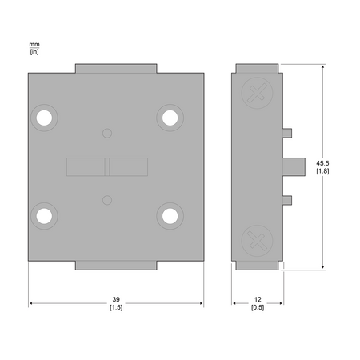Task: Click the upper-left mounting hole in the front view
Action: coord(44,118)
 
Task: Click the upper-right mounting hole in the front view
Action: coord(170,118)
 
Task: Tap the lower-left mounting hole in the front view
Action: coord(44,216)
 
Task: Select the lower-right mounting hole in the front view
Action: coord(170,216)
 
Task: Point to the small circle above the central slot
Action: coord(107,134)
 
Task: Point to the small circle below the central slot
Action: coord(107,200)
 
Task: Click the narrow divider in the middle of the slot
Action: coord(107,167)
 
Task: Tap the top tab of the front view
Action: coord(116,68)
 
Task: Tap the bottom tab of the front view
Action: coord(116,266)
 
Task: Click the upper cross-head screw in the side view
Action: coord(257,93)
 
